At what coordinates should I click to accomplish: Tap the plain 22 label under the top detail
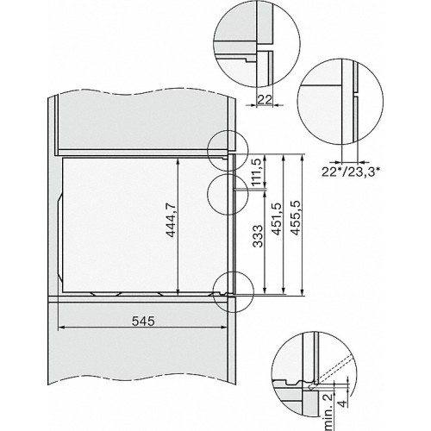[x=268, y=100]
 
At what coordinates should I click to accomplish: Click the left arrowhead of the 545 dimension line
[x=59, y=329]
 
